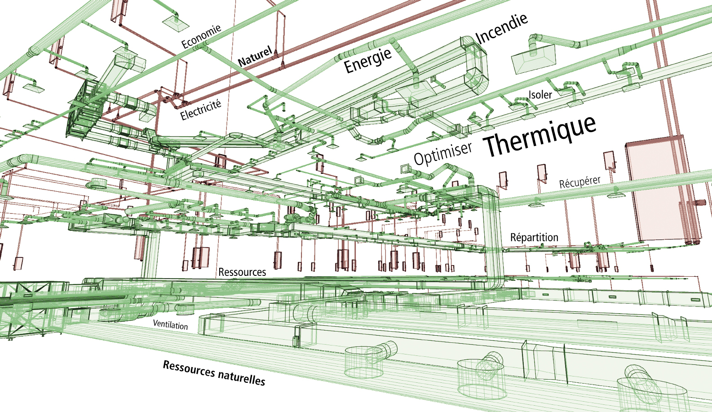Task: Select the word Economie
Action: click(201, 36)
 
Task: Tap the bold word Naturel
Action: click(255, 57)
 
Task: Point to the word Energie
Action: click(367, 61)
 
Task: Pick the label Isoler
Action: click(540, 95)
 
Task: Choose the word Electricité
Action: click(201, 110)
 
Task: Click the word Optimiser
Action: click(443, 153)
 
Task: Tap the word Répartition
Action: click(534, 237)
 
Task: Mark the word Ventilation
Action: click(170, 324)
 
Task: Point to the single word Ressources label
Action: click(242, 272)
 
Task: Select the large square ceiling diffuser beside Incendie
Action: click(534, 58)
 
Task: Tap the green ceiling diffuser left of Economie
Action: click(175, 22)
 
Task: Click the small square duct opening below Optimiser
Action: click(406, 169)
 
